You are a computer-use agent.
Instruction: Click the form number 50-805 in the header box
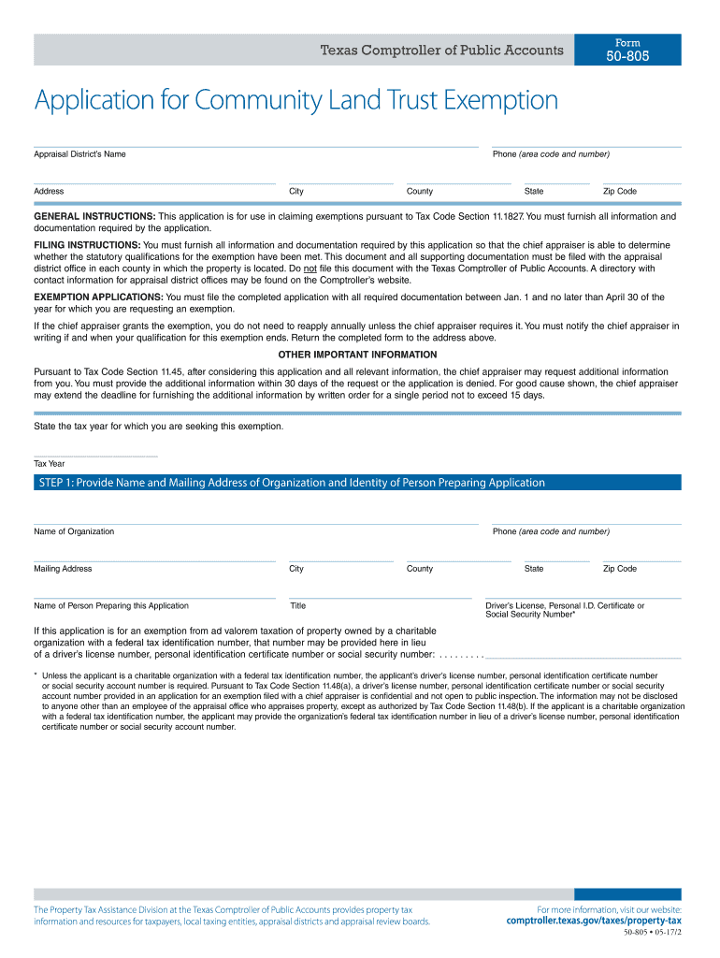point(627,57)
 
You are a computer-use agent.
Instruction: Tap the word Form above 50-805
point(627,43)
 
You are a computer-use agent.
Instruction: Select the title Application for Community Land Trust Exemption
point(295,101)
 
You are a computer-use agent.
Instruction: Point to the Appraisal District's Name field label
point(79,153)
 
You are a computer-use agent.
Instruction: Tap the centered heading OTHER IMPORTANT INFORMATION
point(357,355)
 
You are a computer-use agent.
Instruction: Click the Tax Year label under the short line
point(50,463)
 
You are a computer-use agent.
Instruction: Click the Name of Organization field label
point(74,531)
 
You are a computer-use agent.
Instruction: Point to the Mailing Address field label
point(63,568)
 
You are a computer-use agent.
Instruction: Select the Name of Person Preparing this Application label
point(110,605)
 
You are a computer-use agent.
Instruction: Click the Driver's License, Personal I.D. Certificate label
point(564,605)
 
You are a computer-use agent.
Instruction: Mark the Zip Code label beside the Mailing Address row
point(619,568)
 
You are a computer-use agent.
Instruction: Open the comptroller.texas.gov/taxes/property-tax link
point(593,921)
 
